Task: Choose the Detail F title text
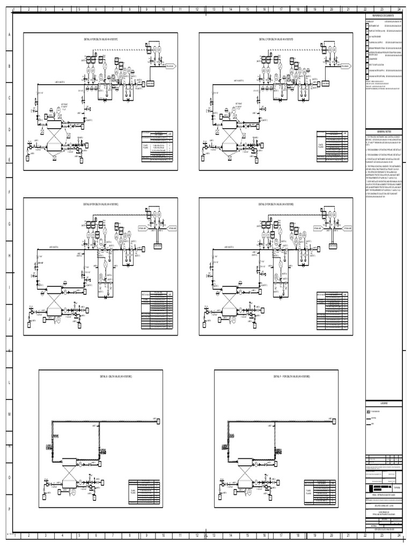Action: pos(295,377)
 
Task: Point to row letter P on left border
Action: pos(9,509)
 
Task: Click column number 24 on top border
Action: pos(399,10)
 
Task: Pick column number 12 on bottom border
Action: pos(197,535)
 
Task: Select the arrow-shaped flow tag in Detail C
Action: pos(344,66)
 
